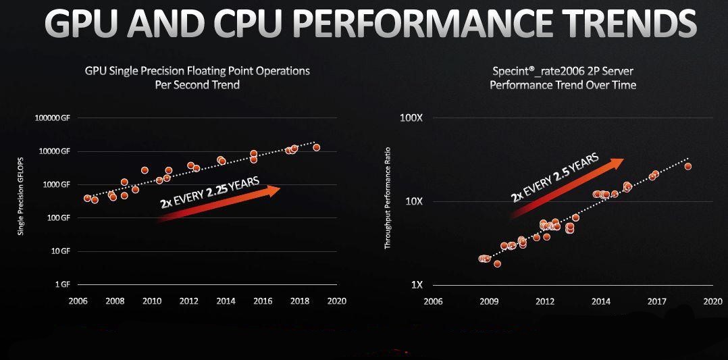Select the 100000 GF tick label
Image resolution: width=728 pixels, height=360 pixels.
point(51,118)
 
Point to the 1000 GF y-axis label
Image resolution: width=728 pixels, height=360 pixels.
point(54,184)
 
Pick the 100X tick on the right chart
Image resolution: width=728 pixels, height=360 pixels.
point(411,118)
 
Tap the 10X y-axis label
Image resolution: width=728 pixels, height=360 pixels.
point(413,201)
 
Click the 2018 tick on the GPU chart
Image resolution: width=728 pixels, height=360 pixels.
point(299,301)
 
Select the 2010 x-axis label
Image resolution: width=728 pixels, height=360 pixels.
point(151,301)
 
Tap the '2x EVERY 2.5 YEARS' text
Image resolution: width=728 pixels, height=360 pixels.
point(554,178)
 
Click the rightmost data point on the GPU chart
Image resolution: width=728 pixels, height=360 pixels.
point(316,147)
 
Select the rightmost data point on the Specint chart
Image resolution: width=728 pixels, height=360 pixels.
point(687,166)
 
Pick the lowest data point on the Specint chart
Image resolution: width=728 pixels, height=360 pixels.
point(497,264)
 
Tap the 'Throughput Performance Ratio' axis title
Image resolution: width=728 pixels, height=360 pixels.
point(388,201)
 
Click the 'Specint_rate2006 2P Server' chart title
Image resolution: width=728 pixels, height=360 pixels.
point(563,71)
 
